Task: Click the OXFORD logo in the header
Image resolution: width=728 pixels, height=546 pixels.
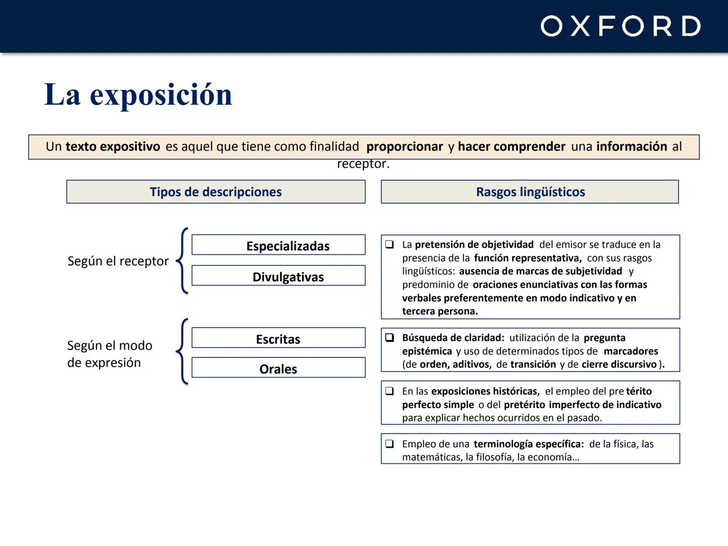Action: coord(620,26)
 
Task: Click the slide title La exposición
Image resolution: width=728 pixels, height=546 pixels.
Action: coord(138,95)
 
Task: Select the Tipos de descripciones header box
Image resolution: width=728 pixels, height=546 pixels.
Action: coord(216,192)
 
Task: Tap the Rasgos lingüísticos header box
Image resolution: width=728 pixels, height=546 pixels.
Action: coord(530,192)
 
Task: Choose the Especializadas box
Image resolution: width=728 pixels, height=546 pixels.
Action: coord(279,245)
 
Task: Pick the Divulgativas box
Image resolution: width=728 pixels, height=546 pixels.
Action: coord(279,276)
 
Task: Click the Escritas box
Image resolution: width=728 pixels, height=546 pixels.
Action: coord(279,338)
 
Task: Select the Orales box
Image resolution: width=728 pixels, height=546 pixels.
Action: coord(279,368)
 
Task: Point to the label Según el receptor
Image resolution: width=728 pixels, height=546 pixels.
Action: coord(118,261)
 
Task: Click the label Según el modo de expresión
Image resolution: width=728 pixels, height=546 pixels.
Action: coord(109,354)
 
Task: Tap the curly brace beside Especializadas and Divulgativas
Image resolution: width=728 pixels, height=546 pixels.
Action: coord(183,261)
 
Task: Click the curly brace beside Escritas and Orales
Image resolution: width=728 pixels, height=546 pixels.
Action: coord(183,352)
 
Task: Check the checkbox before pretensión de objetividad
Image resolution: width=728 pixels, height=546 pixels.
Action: coord(390,245)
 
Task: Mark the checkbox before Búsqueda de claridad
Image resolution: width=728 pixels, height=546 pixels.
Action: coord(390,338)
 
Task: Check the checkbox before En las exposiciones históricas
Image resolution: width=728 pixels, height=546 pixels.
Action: coord(390,391)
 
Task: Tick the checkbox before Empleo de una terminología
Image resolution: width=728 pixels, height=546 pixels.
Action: coord(390,444)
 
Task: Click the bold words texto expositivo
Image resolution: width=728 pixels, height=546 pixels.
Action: coord(113,147)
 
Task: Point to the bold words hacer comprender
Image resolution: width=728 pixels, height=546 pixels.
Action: coord(511,147)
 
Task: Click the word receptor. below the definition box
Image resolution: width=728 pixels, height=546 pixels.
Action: coord(363,164)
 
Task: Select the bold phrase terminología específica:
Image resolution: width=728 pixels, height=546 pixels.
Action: coord(528,444)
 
